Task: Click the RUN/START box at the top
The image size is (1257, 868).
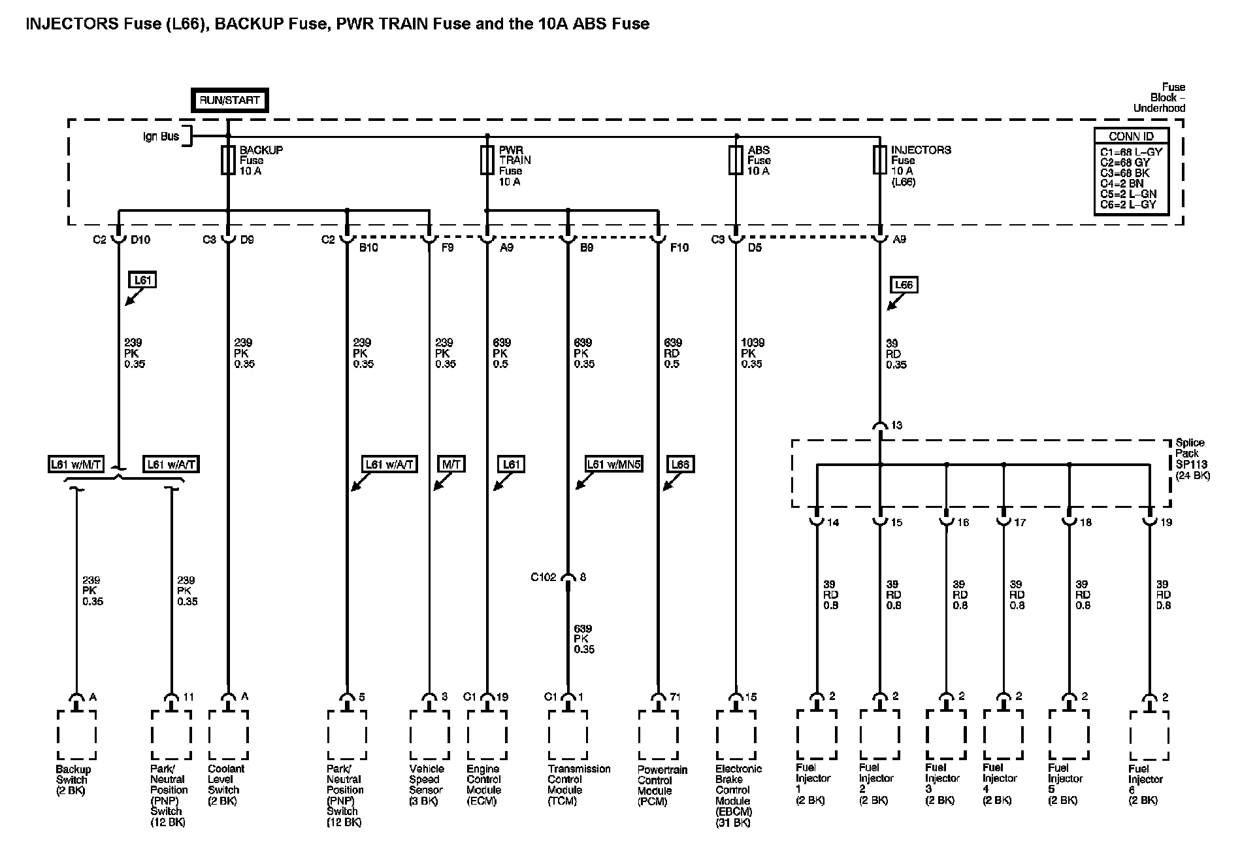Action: point(229,101)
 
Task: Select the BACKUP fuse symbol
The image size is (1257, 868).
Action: point(228,160)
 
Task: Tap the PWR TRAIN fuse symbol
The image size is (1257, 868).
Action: point(487,160)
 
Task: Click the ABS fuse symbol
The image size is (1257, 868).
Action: point(736,160)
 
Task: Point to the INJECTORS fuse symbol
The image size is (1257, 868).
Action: point(879,160)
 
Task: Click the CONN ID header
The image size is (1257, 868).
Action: point(1131,137)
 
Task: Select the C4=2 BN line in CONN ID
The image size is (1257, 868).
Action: point(1122,184)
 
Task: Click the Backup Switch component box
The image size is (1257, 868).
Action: point(76,735)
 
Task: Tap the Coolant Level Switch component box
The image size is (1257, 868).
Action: point(228,735)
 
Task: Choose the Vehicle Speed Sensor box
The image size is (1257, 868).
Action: point(429,735)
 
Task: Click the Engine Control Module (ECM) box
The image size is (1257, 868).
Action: point(487,735)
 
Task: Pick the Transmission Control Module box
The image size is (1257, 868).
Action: point(568,735)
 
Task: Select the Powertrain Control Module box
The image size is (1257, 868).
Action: point(658,735)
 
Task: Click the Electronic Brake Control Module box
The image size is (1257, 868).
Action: point(736,735)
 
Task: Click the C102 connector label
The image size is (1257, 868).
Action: point(543,577)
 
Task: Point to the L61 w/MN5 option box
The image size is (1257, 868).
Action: point(613,464)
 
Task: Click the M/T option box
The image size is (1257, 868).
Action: point(451,464)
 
